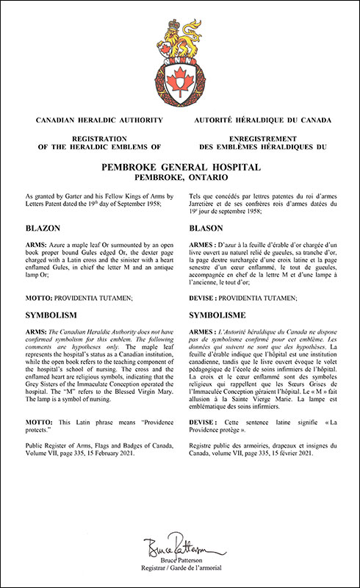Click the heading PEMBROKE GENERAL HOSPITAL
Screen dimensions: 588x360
(180, 168)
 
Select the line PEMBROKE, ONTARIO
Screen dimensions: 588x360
(180, 178)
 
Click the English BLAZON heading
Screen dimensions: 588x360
(46, 229)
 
